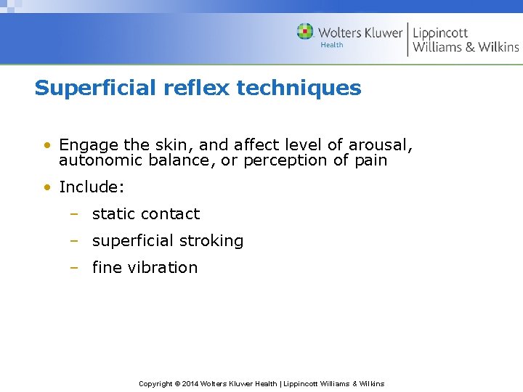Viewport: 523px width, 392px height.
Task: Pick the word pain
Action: [x=370, y=160]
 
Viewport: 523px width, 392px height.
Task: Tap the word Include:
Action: [x=92, y=187]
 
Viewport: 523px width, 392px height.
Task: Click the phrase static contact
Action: [x=145, y=214]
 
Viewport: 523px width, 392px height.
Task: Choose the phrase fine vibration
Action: [x=145, y=268]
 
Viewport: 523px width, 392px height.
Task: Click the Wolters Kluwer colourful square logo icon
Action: [x=305, y=31]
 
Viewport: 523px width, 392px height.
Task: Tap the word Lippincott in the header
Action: [x=440, y=32]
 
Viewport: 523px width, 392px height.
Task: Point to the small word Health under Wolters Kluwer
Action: [x=332, y=45]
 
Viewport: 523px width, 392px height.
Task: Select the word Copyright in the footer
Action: [x=155, y=383]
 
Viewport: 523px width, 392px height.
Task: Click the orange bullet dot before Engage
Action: [x=46, y=145]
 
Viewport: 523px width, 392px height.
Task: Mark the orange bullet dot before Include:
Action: [x=46, y=187]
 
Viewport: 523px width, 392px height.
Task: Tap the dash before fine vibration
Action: [x=74, y=268]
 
